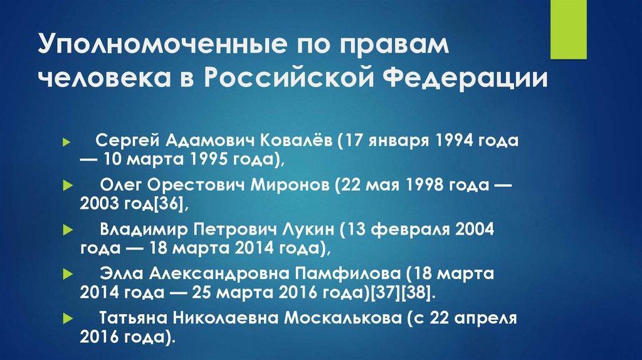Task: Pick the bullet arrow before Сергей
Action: pos(66,142)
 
